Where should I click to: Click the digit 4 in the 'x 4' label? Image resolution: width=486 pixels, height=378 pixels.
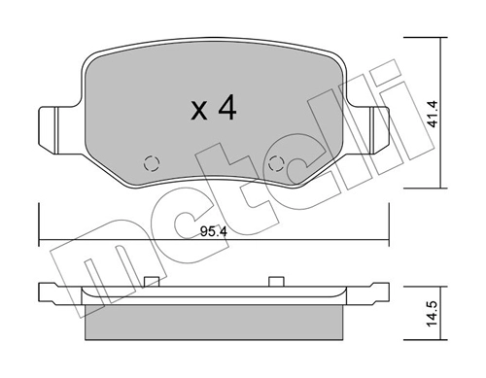(x=226, y=109)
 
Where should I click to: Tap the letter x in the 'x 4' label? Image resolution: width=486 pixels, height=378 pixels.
(x=198, y=112)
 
